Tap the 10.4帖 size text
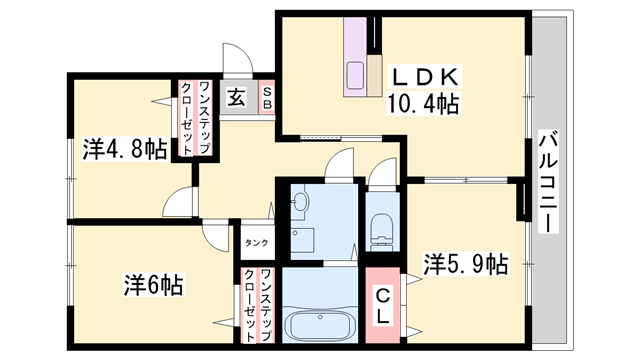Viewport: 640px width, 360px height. (x=423, y=102)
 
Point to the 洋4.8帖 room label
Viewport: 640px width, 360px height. (x=124, y=151)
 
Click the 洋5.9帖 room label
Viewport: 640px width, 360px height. (x=465, y=264)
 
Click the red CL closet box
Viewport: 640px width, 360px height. (x=383, y=301)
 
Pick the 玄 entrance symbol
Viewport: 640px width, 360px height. (x=237, y=98)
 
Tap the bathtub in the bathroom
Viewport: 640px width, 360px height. (x=319, y=326)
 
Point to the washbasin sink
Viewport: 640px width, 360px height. (x=300, y=203)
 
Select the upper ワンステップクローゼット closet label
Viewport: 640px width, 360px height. (x=194, y=117)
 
